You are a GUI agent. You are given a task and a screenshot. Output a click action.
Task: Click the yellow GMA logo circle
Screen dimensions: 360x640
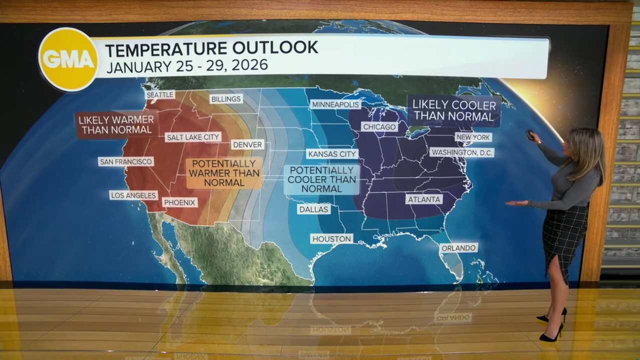point(68,59)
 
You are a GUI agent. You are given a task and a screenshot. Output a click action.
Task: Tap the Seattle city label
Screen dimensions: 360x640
point(160,94)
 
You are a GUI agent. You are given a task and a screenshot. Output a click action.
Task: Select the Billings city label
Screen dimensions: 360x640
point(226,99)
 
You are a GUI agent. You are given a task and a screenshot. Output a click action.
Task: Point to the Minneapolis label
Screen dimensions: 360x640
point(335,104)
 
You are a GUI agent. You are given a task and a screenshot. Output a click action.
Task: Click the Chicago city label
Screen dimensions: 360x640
point(379,127)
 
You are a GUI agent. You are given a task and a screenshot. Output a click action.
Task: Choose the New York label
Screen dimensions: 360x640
point(473,137)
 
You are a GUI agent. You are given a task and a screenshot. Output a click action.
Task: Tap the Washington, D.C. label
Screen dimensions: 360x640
point(462,152)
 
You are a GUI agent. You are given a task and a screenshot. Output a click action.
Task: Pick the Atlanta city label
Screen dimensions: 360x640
point(424,199)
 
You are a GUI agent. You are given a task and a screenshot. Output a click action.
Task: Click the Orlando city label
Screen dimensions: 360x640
point(458,247)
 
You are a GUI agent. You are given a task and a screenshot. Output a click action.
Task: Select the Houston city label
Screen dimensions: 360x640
point(331,239)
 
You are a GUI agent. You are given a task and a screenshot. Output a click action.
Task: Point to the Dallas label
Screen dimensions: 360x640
point(313,209)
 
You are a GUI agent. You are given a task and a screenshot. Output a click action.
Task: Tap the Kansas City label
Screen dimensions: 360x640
point(332,154)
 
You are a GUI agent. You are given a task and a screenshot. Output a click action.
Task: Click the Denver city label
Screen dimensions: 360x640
point(247,144)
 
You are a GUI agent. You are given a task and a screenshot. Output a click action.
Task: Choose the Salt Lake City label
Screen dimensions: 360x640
point(193,137)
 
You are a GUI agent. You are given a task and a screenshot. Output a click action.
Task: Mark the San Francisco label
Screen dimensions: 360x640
point(125,161)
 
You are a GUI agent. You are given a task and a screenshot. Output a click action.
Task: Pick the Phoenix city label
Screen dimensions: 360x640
point(179,202)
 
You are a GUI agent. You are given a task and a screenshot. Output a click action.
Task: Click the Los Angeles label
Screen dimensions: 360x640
point(133,195)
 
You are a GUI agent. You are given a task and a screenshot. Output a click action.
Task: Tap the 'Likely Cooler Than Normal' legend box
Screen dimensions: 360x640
point(454,111)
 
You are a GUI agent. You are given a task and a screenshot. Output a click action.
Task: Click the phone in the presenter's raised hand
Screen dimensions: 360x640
point(529,134)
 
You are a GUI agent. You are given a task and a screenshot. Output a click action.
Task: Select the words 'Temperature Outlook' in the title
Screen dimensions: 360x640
point(211,48)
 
